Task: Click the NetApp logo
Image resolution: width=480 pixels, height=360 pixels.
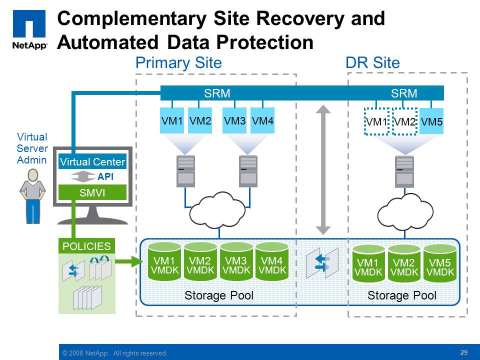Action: click(29, 29)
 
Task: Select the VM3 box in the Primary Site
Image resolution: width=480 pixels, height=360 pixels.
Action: click(234, 120)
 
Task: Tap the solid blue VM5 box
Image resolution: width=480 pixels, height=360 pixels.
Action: click(431, 121)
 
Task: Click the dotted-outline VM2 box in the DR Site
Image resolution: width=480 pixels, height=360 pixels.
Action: click(404, 121)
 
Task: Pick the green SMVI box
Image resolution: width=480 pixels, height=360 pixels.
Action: click(92, 192)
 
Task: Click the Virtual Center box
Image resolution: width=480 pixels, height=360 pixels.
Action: click(92, 161)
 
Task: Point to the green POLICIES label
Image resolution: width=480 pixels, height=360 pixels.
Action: click(86, 246)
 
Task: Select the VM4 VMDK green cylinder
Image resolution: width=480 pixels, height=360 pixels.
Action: click(272, 261)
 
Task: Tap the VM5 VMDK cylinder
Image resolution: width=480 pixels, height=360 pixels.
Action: click(440, 263)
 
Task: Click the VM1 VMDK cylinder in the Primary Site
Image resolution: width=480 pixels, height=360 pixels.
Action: click(164, 261)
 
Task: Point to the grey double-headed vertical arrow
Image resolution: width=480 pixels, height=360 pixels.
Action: click(323, 170)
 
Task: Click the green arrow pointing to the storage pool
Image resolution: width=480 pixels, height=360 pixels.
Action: click(128, 261)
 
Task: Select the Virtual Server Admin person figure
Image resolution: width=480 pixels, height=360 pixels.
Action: click(32, 196)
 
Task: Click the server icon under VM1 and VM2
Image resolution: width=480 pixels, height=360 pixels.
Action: click(185, 171)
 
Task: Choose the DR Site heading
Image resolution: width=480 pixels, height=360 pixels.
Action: click(372, 63)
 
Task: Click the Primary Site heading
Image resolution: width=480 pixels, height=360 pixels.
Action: click(178, 63)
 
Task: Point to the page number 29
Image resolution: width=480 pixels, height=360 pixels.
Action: click(464, 352)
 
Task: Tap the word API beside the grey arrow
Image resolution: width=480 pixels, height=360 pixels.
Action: click(105, 176)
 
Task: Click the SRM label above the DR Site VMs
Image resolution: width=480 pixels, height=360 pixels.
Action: click(404, 93)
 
